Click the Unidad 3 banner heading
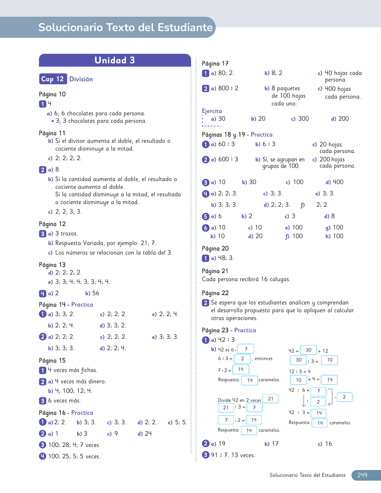(115, 60)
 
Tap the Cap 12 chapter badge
(53, 79)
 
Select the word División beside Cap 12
(81, 79)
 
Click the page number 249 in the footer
(362, 475)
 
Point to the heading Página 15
(52, 360)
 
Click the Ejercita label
(212, 111)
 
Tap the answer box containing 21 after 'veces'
(271, 399)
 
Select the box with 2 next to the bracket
(344, 397)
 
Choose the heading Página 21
(215, 271)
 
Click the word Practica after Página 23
(245, 330)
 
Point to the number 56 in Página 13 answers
(96, 293)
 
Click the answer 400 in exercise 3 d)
(338, 182)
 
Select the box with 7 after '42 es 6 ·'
(246, 349)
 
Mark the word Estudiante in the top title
(185, 27)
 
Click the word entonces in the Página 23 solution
(264, 359)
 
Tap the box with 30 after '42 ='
(308, 350)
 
